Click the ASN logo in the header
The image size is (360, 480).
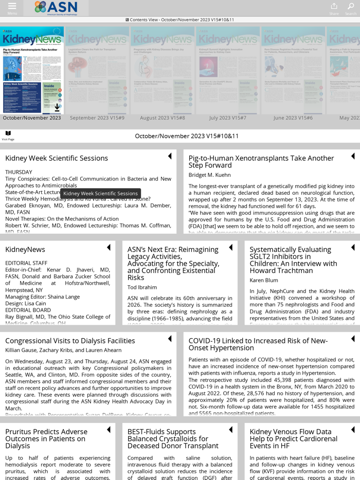tap(56, 7)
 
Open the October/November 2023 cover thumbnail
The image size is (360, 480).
tap(32, 70)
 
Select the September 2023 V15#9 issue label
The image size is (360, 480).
tap(97, 118)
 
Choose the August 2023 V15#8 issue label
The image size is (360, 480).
tap(163, 118)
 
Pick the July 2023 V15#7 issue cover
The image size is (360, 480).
tap(227, 70)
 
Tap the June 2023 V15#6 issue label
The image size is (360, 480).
tap(293, 118)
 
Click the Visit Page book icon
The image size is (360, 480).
tap(8, 134)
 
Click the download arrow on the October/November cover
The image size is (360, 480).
tap(57, 108)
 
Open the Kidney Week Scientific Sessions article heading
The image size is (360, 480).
tap(57, 158)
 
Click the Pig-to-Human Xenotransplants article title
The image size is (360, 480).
tap(261, 161)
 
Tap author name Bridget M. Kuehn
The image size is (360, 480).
tap(209, 175)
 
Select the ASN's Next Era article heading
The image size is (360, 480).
tap(173, 263)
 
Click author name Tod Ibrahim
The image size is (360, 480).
tap(142, 287)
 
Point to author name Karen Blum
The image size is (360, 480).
tap(264, 280)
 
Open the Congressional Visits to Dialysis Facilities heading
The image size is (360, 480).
tap(70, 341)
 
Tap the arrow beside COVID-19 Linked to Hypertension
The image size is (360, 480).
tap(353, 339)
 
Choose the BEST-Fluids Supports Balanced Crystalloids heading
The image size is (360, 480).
tap(173, 439)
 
